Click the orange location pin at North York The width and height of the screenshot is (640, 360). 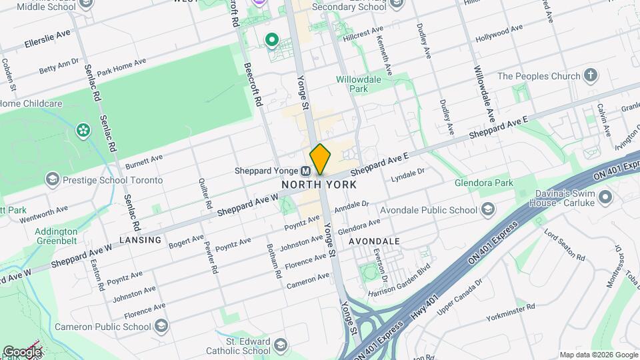[x=320, y=159]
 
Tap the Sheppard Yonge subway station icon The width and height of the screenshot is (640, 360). [x=305, y=171]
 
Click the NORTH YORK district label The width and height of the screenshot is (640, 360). [x=319, y=185]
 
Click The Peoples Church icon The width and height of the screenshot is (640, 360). [x=590, y=75]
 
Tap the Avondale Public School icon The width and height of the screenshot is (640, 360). [x=488, y=210]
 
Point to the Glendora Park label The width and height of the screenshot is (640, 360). [x=484, y=183]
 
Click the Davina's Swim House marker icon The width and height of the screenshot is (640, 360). [x=605, y=197]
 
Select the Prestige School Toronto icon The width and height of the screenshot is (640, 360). [x=52, y=179]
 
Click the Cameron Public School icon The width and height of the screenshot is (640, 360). [x=161, y=326]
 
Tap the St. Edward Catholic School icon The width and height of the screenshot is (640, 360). [x=281, y=345]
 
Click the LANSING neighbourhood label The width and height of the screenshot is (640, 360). [x=140, y=240]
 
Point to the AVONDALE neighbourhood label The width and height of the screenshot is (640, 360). [x=378, y=241]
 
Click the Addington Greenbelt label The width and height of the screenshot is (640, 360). [x=56, y=237]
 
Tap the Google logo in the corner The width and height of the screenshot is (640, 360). [x=21, y=351]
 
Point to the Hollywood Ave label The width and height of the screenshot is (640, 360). [x=499, y=33]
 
